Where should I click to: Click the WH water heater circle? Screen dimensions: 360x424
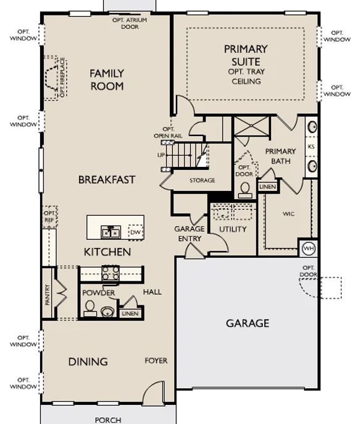309,248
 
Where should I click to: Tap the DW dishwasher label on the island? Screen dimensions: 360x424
135,232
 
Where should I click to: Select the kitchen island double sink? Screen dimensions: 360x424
111,232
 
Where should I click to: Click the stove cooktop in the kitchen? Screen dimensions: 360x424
111,273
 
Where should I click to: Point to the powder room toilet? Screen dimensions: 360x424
90,308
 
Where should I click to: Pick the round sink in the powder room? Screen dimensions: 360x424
108,312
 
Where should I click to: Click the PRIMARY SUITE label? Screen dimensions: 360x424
246,56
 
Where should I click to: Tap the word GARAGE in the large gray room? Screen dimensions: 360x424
248,323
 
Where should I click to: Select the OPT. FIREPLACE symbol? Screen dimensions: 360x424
56,78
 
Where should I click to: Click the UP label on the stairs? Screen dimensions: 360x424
161,155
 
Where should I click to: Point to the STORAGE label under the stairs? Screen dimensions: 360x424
203,180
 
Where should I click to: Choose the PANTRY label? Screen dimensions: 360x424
48,294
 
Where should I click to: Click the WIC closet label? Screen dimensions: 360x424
288,214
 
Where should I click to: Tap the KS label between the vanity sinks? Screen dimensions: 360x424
311,146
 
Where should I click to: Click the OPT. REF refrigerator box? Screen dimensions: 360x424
49,217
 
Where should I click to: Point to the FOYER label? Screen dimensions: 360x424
156,361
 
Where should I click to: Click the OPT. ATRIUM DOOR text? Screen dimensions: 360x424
130,23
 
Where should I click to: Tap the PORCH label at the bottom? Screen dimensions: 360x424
108,420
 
